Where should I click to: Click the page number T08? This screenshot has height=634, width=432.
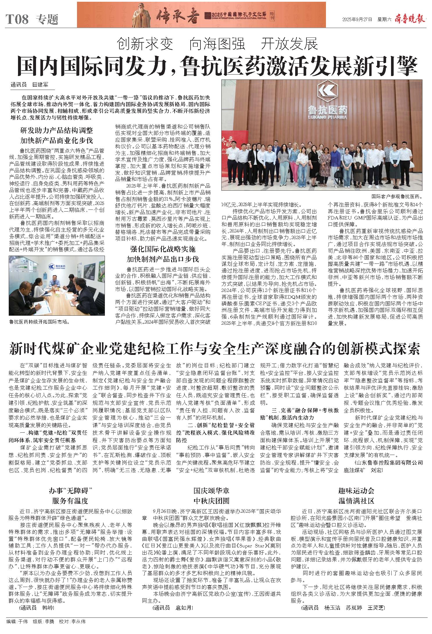tap(17, 19)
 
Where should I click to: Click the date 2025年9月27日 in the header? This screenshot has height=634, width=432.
tap(357, 19)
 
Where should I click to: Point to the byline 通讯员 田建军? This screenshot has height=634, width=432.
tap(29, 85)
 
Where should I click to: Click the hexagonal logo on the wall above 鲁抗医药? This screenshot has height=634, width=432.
tap(328, 90)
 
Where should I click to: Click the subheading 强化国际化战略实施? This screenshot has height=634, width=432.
tap(162, 249)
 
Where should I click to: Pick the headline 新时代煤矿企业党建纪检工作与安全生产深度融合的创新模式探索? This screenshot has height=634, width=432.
tap(215, 348)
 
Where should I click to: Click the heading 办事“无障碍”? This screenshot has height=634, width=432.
tap(70, 491)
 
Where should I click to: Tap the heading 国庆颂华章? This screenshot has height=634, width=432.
tap(211, 491)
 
